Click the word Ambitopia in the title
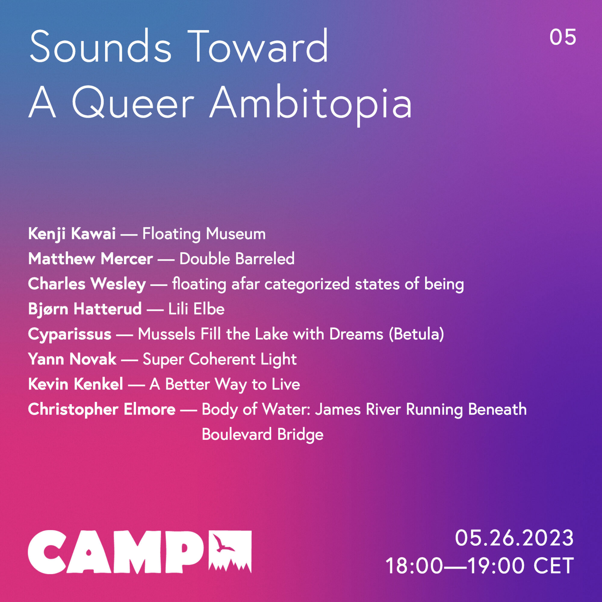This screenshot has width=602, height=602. point(311,104)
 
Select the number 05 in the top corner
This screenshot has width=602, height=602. point(563,37)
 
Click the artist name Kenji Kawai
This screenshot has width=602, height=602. point(72,234)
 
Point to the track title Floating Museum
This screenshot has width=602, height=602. point(204,234)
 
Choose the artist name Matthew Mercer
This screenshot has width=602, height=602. point(90,259)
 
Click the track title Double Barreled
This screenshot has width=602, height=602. point(237,259)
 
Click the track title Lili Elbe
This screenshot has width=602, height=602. point(196,309)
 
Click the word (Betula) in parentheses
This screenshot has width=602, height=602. point(416,334)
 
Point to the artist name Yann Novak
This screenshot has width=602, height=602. point(72,359)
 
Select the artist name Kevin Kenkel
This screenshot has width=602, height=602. point(76,384)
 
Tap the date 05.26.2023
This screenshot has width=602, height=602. point(514,538)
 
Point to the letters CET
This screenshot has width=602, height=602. point(554,566)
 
